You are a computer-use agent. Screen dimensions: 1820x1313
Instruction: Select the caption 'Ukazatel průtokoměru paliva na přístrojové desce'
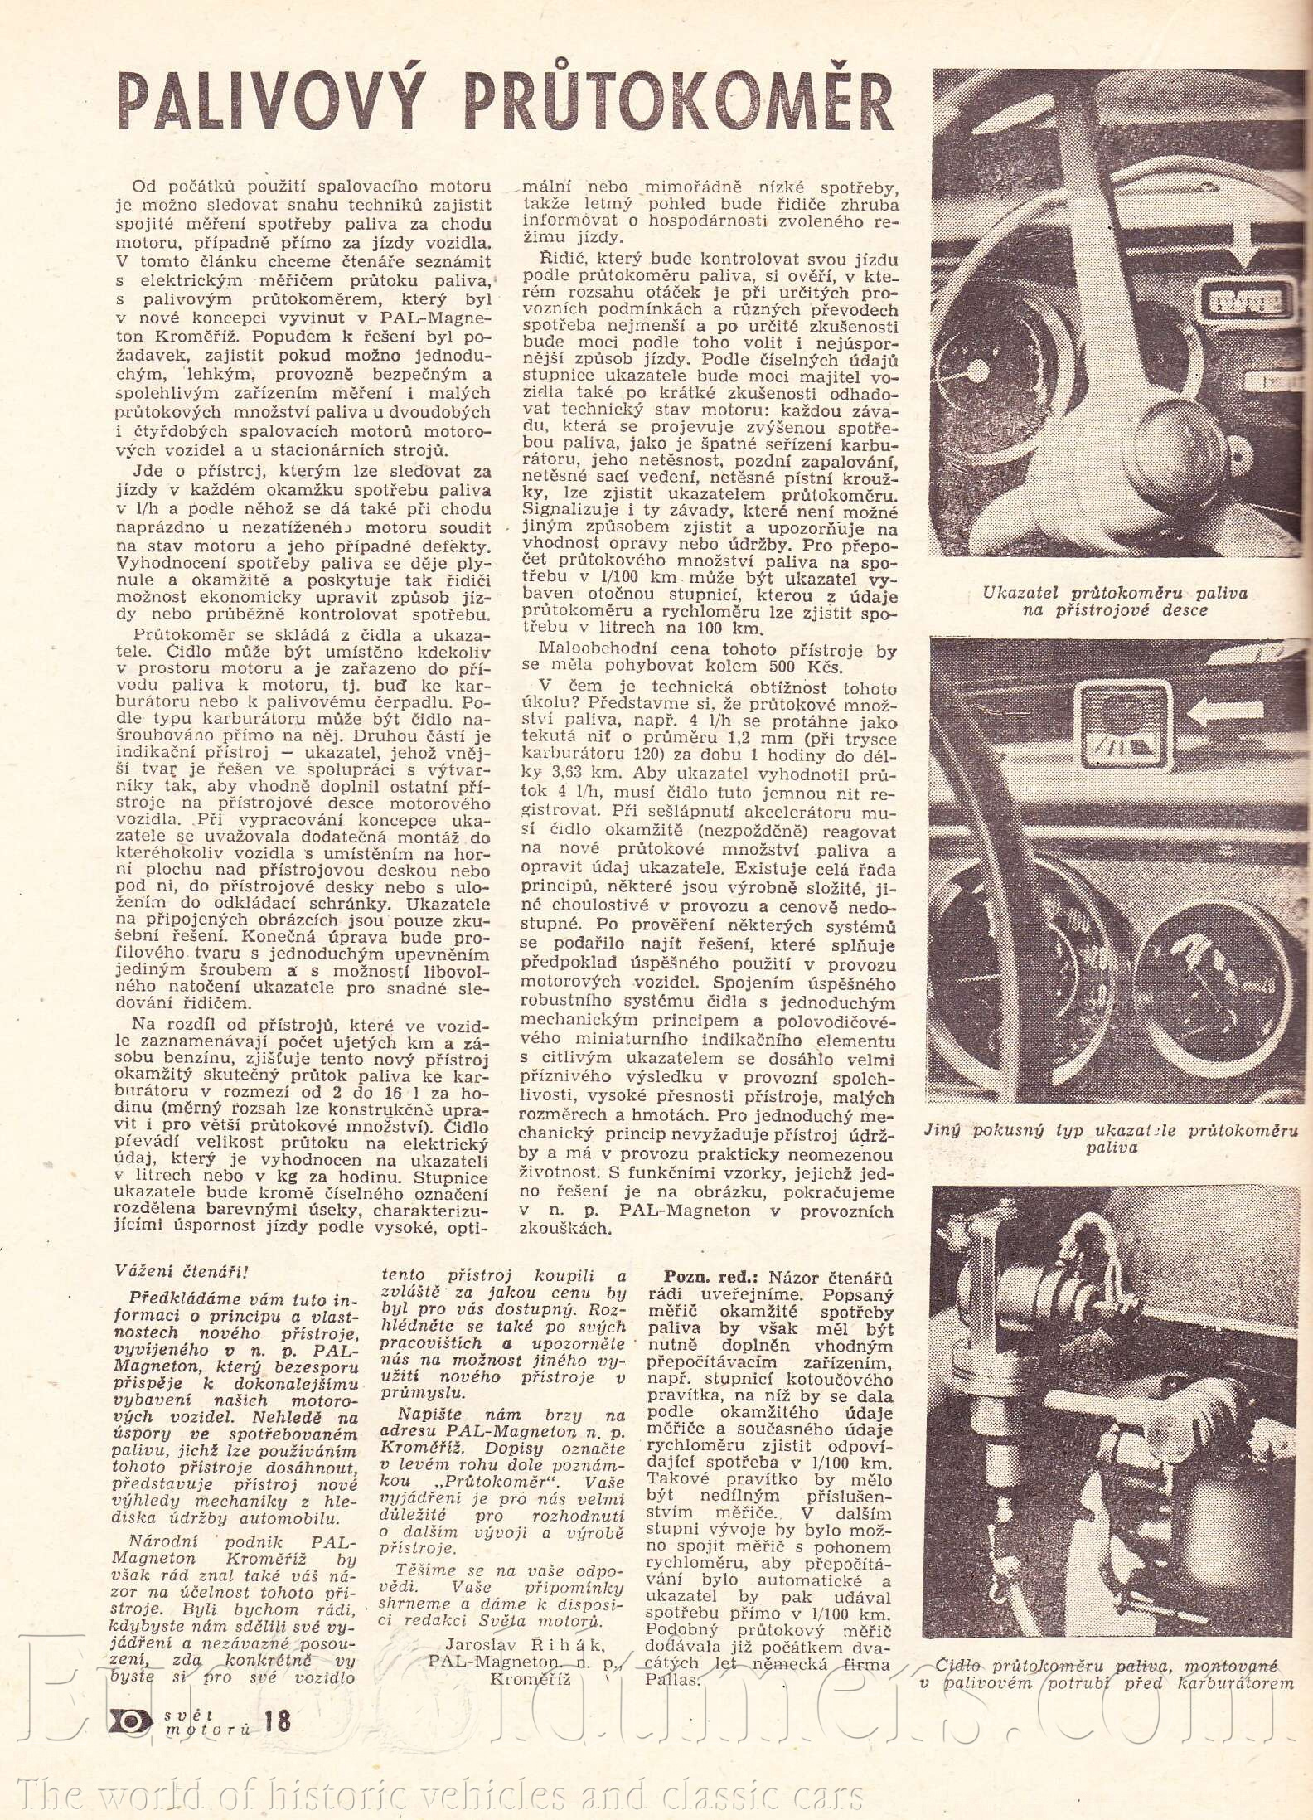click(x=1115, y=601)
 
